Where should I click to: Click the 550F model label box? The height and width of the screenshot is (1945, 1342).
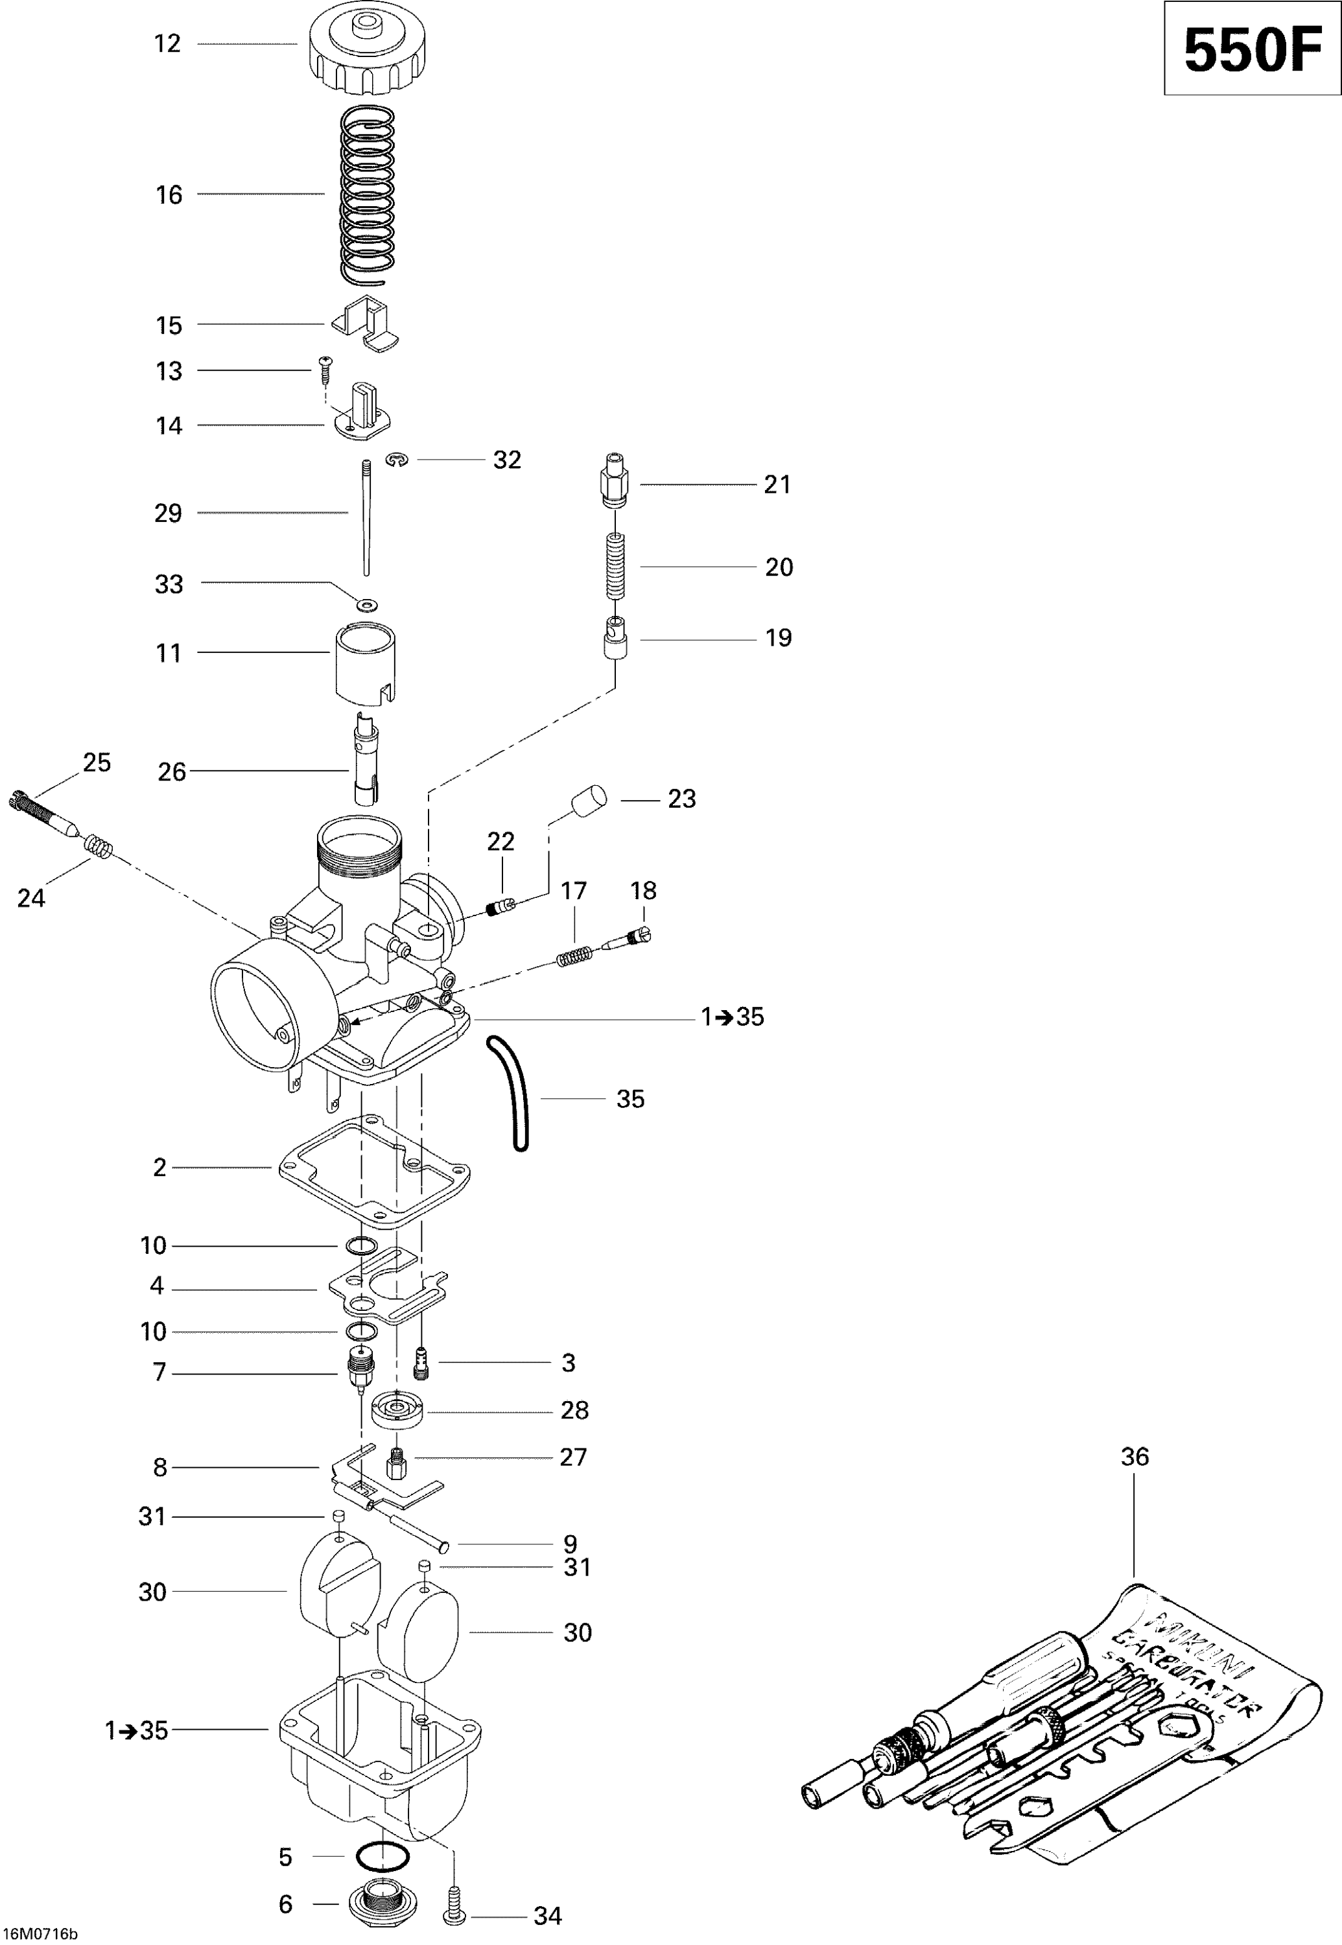click(1251, 49)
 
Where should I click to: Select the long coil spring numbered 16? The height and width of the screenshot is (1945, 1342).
click(368, 193)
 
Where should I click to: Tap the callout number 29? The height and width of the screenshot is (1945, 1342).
click(168, 513)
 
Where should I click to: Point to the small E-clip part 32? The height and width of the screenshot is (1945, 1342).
click(397, 460)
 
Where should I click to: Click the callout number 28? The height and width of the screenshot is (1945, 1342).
click(574, 1410)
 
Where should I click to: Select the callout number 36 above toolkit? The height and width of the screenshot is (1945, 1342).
click(1135, 1456)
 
